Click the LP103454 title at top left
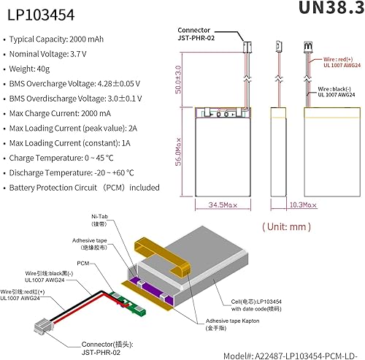click(x=33, y=14)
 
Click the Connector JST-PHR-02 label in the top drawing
click(x=201, y=34)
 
